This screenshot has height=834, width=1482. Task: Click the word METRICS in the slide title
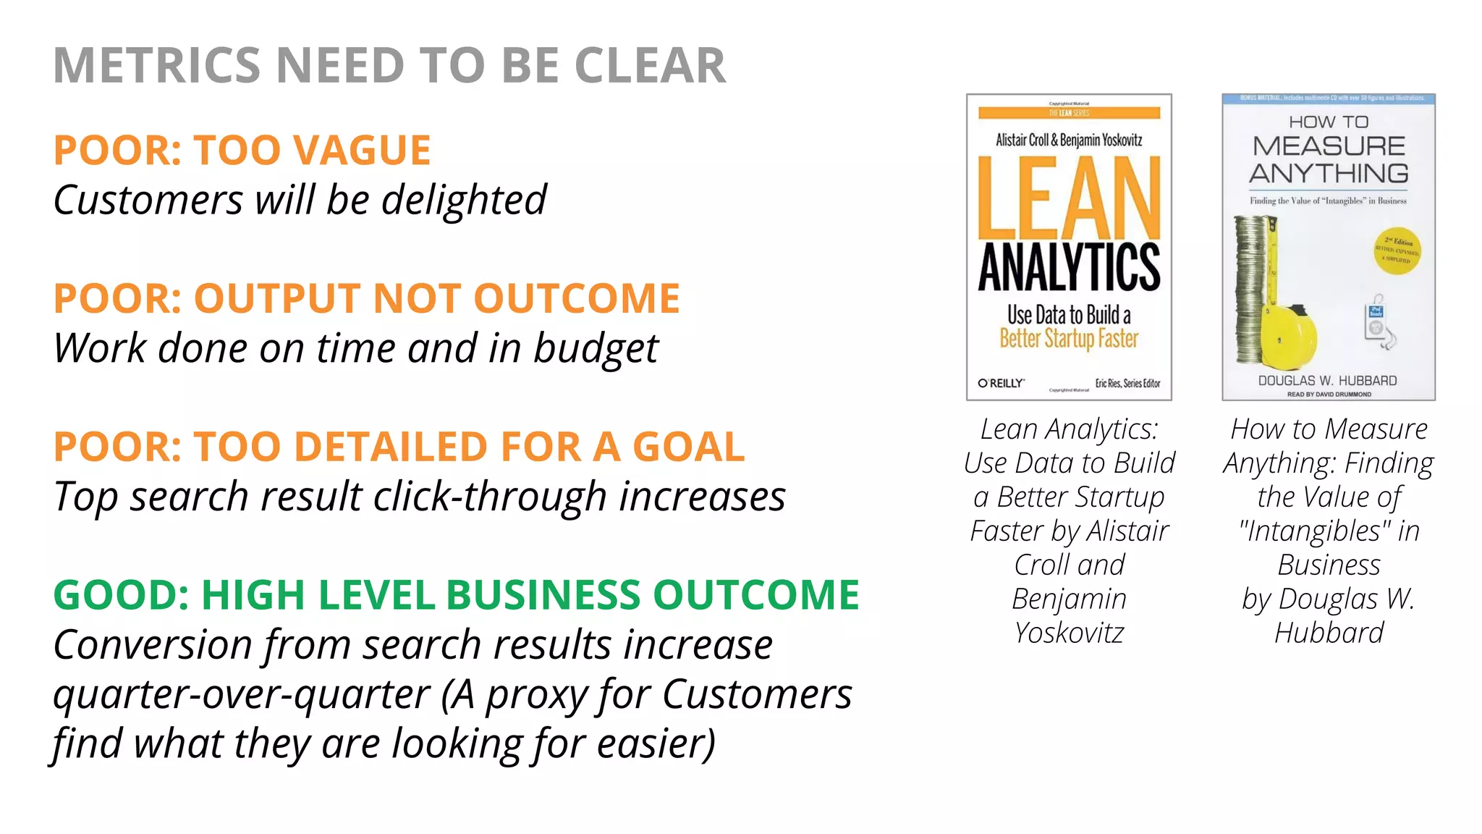click(x=156, y=66)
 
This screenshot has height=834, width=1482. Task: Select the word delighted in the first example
click(x=464, y=200)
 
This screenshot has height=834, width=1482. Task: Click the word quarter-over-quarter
click(x=242, y=694)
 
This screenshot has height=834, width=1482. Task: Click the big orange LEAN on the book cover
click(x=1069, y=198)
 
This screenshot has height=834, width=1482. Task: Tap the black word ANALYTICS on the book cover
click(x=1069, y=267)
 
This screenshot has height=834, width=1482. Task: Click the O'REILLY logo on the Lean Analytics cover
click(x=1001, y=383)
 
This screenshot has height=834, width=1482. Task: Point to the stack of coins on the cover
click(x=1250, y=290)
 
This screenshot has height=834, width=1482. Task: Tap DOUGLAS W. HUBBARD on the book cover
click(x=1327, y=381)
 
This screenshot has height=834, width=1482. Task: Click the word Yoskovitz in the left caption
click(x=1069, y=633)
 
